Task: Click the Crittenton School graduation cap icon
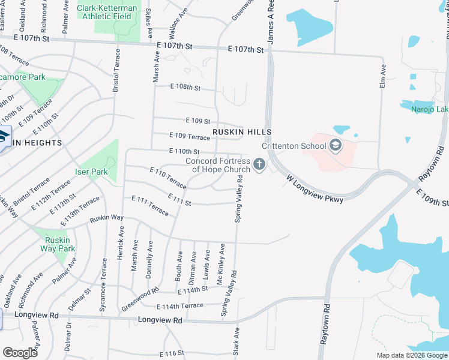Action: (335, 146)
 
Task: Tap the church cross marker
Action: (259, 164)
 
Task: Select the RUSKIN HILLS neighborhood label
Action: (242, 132)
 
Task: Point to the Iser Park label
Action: (91, 172)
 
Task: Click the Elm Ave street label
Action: (382, 77)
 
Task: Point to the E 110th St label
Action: (184, 152)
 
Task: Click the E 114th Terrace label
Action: (180, 306)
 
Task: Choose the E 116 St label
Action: (171, 354)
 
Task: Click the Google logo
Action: (20, 352)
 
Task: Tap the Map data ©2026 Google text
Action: (412, 355)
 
